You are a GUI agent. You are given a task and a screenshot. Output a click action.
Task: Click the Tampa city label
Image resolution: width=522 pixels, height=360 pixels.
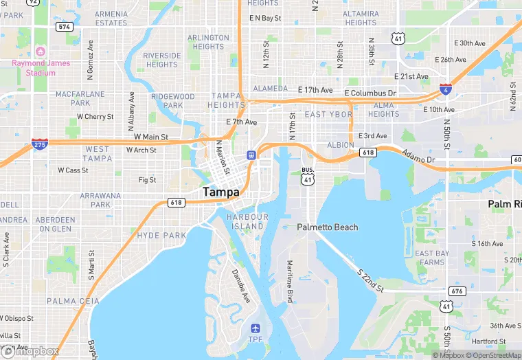(x=221, y=192)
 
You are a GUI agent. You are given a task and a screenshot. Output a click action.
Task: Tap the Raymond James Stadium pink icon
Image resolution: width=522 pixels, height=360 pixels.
(x=41, y=52)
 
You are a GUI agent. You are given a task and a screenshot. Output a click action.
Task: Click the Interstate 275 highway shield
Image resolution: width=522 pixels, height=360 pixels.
(x=40, y=144)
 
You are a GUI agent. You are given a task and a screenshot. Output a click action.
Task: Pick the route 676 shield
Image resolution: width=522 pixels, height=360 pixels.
(x=457, y=291)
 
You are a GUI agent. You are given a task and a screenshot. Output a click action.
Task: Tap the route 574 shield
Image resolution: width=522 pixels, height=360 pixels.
(x=65, y=26)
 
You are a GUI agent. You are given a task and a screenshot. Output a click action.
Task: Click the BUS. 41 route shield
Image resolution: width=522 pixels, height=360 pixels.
(x=308, y=176)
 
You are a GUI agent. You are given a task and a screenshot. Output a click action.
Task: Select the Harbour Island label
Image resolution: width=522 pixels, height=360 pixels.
(x=245, y=221)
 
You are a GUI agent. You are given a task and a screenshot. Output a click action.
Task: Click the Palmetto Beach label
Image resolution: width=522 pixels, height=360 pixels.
(x=327, y=227)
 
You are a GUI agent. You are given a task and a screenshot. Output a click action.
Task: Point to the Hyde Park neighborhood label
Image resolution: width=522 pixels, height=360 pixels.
(x=161, y=235)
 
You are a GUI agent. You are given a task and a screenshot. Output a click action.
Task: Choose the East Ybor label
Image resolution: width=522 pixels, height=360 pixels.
(x=328, y=114)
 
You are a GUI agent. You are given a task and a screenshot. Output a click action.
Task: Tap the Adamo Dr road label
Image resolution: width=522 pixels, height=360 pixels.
(x=418, y=157)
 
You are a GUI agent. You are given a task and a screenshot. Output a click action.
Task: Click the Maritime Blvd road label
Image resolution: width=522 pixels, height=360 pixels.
(x=291, y=281)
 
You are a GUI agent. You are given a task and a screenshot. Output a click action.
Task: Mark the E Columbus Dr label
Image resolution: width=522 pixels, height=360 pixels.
(x=370, y=93)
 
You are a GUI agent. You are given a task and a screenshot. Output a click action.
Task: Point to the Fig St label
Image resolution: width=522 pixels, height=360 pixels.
(x=147, y=180)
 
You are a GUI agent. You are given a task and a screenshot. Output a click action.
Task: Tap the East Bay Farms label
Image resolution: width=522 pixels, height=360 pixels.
(x=433, y=258)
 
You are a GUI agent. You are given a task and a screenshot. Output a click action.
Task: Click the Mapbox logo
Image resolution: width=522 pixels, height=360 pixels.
(x=30, y=351)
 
